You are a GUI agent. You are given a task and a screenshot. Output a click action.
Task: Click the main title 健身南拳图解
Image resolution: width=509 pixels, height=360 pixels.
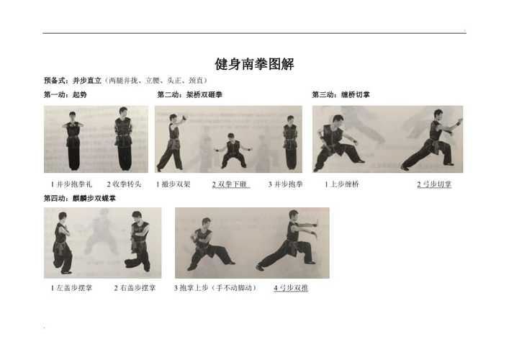[x=254, y=64]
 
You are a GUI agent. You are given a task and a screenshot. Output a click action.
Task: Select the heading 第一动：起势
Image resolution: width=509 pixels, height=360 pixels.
[x=66, y=95]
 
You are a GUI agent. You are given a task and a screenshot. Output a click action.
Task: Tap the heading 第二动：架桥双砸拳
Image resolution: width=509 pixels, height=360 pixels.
[x=189, y=95]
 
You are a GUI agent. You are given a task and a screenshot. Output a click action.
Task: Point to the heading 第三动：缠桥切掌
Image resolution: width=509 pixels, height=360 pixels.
[x=341, y=95]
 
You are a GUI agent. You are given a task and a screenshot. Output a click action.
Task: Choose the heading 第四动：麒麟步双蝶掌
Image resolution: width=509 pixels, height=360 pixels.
[x=80, y=198]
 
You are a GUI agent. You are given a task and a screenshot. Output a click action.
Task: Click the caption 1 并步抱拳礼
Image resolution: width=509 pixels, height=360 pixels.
[x=71, y=184]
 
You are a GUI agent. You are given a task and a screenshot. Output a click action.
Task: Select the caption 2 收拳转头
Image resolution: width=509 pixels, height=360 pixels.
[x=125, y=184]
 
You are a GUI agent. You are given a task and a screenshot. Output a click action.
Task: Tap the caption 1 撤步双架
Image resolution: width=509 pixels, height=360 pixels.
[x=174, y=184]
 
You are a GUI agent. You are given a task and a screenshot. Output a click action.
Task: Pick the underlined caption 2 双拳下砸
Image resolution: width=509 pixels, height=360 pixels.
[x=231, y=184]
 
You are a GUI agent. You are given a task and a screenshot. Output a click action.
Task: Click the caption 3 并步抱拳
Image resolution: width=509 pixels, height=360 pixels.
[x=285, y=184]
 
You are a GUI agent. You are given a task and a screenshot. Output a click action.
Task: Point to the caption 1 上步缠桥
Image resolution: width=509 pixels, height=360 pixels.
[x=342, y=184]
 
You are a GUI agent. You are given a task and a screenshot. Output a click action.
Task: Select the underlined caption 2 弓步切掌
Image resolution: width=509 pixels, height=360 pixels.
[x=434, y=184]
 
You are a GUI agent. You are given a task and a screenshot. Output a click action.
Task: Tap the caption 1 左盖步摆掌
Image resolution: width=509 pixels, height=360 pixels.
[x=71, y=288]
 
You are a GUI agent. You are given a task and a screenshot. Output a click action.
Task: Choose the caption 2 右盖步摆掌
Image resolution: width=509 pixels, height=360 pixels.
[x=135, y=288]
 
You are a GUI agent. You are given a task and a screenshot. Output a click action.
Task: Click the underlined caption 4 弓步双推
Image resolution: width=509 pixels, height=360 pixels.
[x=291, y=288]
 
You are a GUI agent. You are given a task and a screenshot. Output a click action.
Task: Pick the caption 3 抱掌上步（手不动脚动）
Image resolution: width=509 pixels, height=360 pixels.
[x=215, y=288]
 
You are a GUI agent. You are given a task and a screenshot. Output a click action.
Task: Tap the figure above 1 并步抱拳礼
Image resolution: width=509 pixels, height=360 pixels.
[x=73, y=140]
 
